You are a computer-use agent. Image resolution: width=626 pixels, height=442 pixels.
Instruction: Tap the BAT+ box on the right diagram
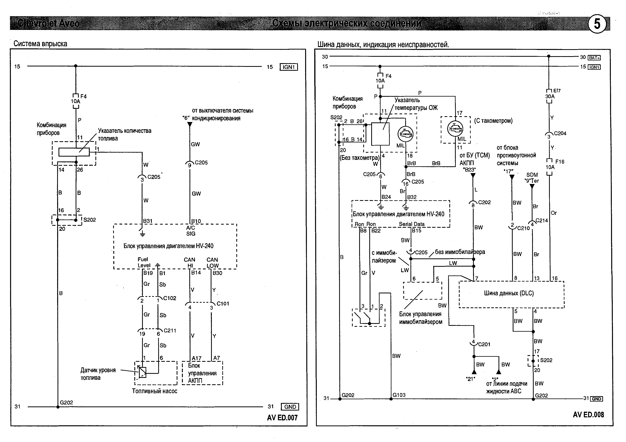[x=594, y=58]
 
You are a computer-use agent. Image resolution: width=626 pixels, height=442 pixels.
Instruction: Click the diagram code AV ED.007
[x=282, y=418]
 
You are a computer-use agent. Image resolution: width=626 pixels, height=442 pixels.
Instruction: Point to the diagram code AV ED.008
[x=588, y=415]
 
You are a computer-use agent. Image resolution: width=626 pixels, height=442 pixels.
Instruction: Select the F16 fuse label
[x=560, y=162]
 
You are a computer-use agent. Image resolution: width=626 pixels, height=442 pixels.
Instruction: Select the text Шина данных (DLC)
[x=509, y=294]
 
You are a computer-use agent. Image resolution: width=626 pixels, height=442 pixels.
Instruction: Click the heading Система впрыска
[x=40, y=44]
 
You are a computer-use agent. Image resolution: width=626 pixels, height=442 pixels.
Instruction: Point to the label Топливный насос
[x=155, y=391]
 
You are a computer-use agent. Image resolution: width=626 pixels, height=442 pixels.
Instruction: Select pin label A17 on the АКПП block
[x=196, y=358]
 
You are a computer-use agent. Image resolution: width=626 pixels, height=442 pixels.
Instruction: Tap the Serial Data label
[x=411, y=224]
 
